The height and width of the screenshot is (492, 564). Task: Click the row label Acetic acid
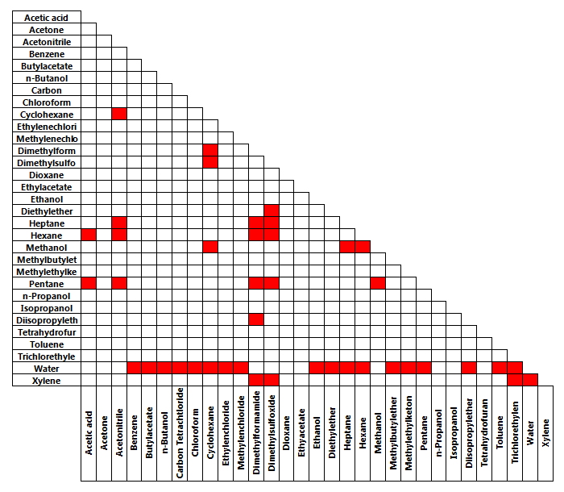(47, 17)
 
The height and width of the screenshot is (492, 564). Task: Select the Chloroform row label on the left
(47, 102)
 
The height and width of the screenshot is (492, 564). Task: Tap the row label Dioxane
(47, 174)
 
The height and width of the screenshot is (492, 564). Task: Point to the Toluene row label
(47, 344)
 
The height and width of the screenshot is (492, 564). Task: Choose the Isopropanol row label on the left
(47, 307)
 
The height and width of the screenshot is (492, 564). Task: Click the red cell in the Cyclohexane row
(119, 114)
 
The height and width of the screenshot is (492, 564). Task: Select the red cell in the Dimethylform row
(210, 151)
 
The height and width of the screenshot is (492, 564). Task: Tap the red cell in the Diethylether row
(271, 211)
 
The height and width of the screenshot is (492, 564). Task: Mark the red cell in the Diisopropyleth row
(255, 319)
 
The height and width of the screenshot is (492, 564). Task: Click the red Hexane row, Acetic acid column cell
(89, 235)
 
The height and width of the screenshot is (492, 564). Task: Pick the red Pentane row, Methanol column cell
(376, 283)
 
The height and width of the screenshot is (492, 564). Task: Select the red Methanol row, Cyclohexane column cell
(210, 247)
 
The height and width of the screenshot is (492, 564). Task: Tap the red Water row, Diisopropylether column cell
(467, 368)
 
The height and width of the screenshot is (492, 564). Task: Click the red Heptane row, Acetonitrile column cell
(119, 223)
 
